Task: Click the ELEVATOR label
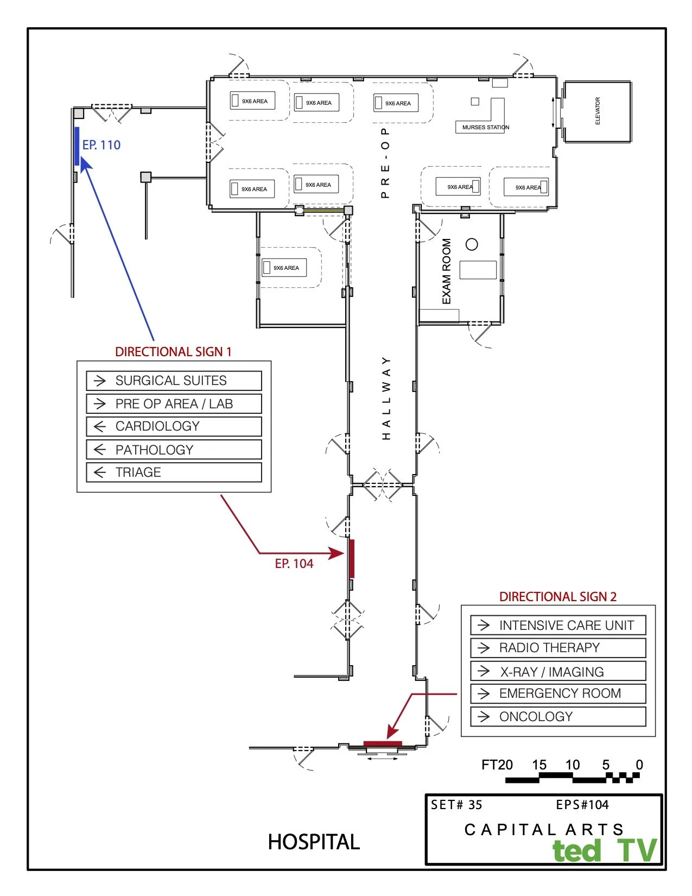click(598, 111)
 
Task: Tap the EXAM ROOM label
click(447, 272)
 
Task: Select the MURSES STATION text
click(485, 128)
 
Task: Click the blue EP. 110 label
click(101, 145)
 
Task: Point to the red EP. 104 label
click(294, 564)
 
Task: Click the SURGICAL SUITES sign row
click(174, 381)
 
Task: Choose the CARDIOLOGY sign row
click(174, 426)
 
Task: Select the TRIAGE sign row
click(174, 472)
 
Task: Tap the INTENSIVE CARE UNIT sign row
click(558, 626)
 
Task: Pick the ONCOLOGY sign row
click(558, 717)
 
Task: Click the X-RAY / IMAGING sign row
click(558, 672)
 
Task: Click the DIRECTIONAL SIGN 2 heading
click(558, 597)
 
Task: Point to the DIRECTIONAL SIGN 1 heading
click(173, 352)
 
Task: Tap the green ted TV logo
click(604, 850)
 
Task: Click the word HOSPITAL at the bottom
click(314, 842)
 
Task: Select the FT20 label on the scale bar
click(497, 765)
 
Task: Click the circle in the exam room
click(472, 244)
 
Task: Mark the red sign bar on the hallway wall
click(352, 558)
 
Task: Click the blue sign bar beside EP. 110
click(77, 146)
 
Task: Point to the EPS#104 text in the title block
click(582, 805)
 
